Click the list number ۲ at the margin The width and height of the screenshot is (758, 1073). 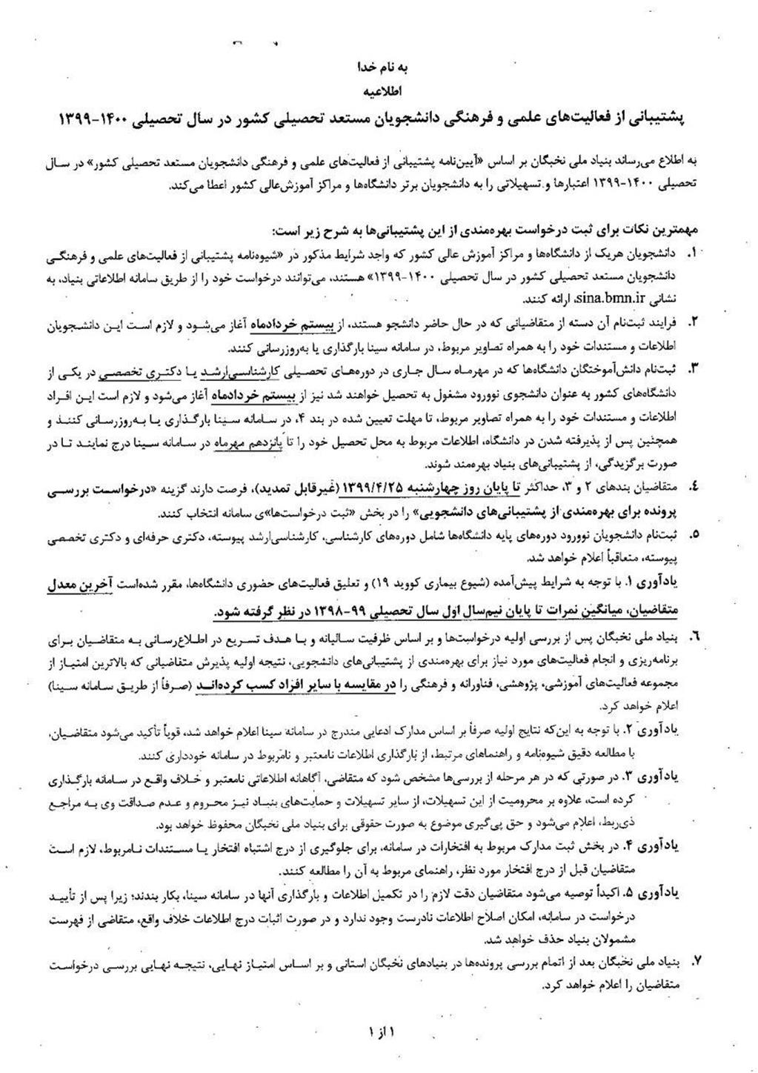[694, 323]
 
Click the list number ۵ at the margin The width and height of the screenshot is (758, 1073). [694, 534]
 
